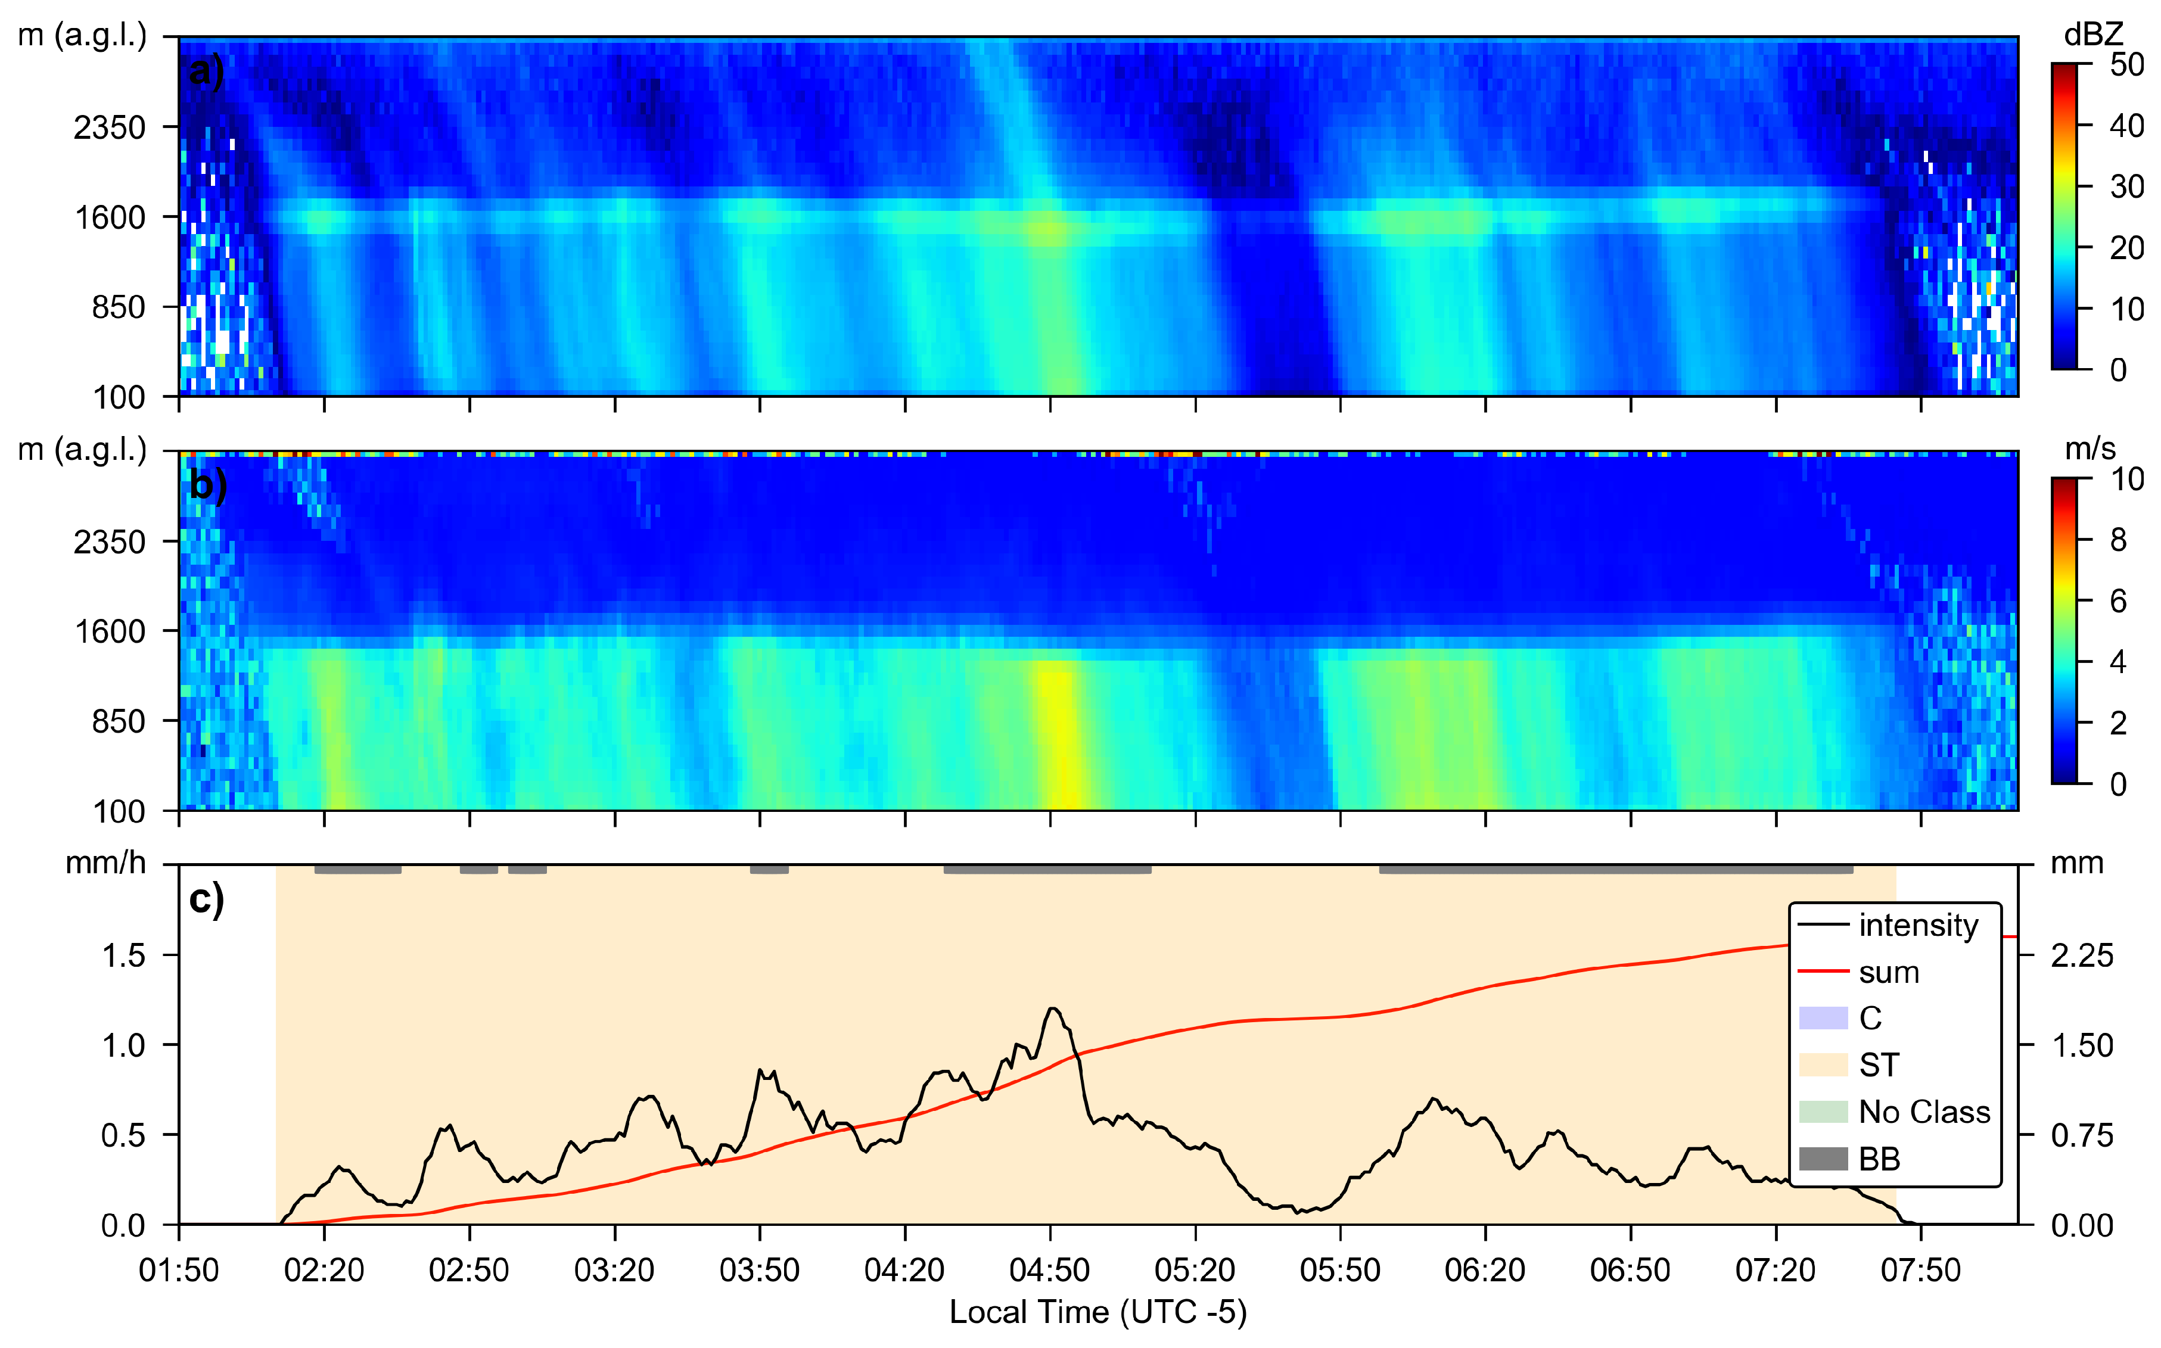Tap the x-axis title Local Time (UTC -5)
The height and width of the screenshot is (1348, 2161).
1097,1312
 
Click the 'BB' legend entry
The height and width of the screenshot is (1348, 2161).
1879,1159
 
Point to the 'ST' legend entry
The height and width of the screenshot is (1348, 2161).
1879,1064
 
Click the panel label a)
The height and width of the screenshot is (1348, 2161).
206,70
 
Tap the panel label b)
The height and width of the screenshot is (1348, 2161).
208,486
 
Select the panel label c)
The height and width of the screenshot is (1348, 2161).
206,899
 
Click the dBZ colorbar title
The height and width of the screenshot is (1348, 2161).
2092,35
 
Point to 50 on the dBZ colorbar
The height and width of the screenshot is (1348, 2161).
2126,65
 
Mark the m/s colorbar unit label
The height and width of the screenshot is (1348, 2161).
2090,449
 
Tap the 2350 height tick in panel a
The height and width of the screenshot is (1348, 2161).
109,127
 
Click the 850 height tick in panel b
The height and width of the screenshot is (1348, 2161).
118,721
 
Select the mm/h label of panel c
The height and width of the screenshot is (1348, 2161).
105,863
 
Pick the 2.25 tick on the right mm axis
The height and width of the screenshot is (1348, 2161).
2082,955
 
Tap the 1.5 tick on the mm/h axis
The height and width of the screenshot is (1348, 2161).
123,955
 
